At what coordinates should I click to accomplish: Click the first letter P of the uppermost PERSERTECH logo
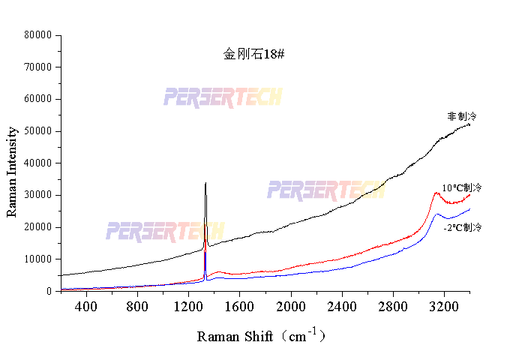point(170,97)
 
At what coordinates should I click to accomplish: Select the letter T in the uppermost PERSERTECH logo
point(240,97)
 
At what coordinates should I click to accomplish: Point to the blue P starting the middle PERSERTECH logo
point(274,190)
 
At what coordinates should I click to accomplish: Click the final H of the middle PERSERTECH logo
point(379,190)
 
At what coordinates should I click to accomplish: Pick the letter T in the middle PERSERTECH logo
point(343,190)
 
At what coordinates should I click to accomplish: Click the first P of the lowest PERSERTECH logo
point(112,231)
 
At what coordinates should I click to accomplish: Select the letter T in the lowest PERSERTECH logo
point(182,231)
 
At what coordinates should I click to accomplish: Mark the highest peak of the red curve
point(436,193)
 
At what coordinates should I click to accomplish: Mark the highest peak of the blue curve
point(437,214)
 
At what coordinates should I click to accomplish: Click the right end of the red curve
point(470,195)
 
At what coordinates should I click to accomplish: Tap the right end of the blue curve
point(470,208)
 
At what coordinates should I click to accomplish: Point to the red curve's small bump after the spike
point(218,271)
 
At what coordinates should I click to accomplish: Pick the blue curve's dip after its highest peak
point(450,219)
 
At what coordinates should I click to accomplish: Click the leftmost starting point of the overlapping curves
point(61,289)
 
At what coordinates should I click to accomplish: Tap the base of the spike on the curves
point(205,278)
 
